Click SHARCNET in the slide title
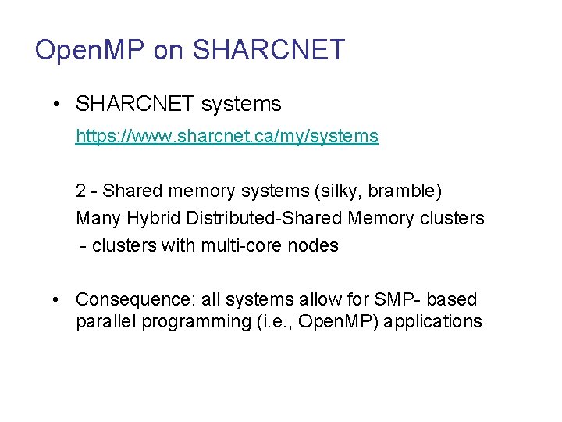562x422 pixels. coord(268,50)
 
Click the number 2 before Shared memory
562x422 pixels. coord(81,191)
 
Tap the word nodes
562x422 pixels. coord(313,245)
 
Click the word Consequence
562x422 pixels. coord(134,299)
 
